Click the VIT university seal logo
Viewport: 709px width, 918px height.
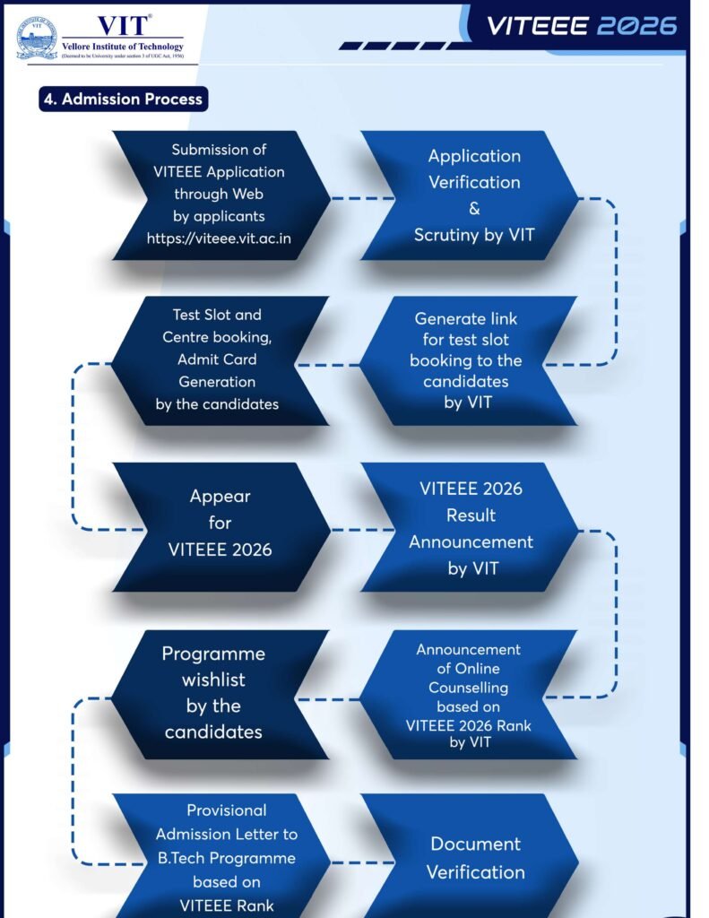click(37, 38)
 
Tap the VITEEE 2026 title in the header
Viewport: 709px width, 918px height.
click(582, 25)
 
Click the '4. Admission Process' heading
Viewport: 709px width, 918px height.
click(124, 99)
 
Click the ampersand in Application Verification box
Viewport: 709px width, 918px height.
click(474, 209)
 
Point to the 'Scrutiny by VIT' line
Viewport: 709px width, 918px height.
click(474, 235)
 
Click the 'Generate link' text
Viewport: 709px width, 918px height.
click(466, 318)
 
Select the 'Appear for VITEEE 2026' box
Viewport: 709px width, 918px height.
click(220, 523)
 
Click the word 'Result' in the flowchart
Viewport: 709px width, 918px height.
click(471, 515)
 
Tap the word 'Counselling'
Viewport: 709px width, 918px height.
click(468, 688)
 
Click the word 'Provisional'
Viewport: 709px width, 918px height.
click(226, 810)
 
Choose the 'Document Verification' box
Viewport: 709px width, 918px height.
click(474, 858)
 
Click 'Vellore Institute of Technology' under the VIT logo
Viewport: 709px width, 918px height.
click(123, 47)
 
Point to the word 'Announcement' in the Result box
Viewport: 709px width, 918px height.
click(471, 541)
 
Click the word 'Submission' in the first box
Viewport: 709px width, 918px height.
click(219, 150)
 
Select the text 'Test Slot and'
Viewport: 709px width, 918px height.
click(217, 316)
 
